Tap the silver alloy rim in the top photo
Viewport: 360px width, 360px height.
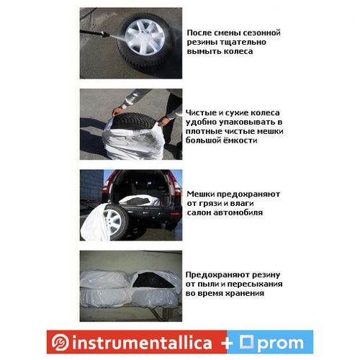tap(145, 37)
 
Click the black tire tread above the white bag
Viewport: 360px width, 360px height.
tap(135, 120)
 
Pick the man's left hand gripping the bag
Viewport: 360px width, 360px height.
tap(163, 121)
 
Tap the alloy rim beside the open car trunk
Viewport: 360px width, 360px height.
tap(112, 220)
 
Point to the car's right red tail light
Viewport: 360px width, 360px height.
tap(177, 189)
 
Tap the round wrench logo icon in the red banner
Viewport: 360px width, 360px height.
tap(60, 343)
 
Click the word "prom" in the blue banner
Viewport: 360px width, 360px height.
tap(282, 343)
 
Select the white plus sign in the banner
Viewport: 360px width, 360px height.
tap(227, 343)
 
